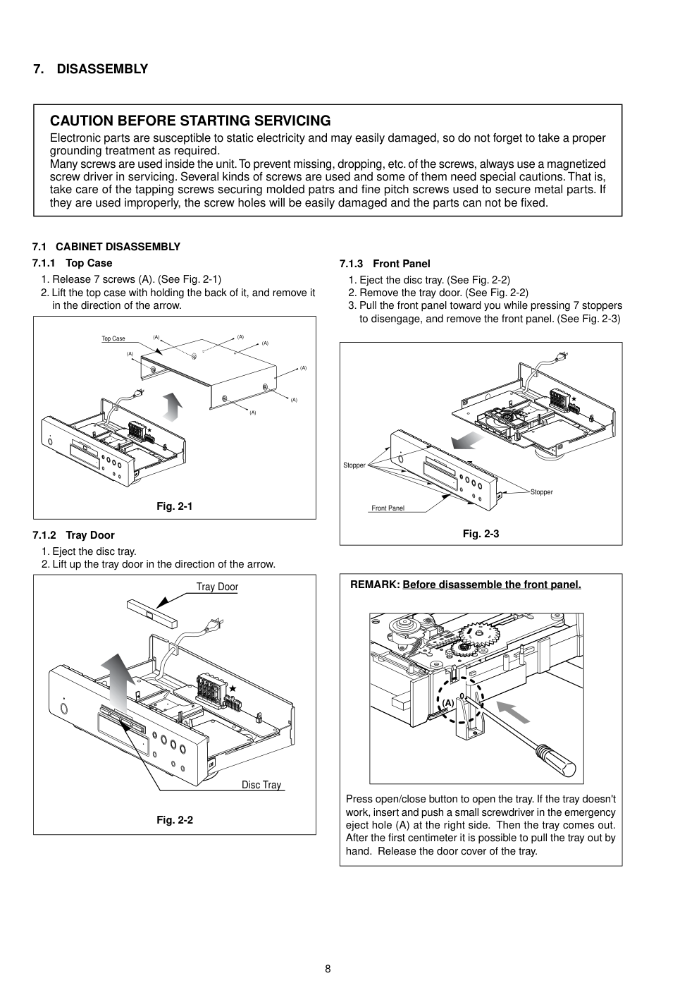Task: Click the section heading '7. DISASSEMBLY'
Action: click(91, 69)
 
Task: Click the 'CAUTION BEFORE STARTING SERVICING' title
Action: click(190, 121)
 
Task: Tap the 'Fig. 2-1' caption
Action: click(174, 506)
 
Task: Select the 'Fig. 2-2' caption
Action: click(175, 820)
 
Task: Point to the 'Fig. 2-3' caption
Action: click(481, 534)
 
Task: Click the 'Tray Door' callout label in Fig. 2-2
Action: click(217, 587)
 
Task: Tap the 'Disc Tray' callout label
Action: click(261, 785)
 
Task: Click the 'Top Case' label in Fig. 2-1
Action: click(113, 339)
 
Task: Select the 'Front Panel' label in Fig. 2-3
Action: click(388, 508)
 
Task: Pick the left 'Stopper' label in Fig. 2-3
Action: click(354, 465)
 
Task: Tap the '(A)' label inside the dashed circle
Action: click(448, 703)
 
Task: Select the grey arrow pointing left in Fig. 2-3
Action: click(467, 441)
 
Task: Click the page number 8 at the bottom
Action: click(328, 968)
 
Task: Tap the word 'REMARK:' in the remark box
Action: click(375, 585)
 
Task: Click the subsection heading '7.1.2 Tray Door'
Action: click(73, 535)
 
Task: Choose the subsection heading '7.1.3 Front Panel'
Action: click(385, 264)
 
